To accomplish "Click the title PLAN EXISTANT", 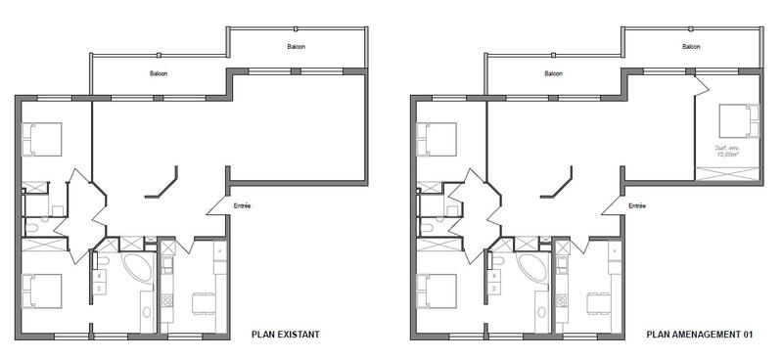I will click(286, 335).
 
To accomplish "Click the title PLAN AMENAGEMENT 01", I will click(699, 335).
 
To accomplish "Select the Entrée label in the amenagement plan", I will click(637, 205).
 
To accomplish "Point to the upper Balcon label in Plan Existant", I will click(297, 47).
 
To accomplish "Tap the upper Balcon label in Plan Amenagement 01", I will click(690, 47).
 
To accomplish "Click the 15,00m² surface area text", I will click(726, 152).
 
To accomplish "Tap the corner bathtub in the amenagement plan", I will click(530, 267).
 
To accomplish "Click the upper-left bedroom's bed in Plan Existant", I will click(42, 139).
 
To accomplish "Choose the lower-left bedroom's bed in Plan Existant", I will click(42, 291).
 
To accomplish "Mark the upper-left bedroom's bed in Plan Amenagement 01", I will click(437, 139).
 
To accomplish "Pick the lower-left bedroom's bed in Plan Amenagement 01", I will click(437, 291).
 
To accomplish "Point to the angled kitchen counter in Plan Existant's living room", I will click(162, 184).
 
